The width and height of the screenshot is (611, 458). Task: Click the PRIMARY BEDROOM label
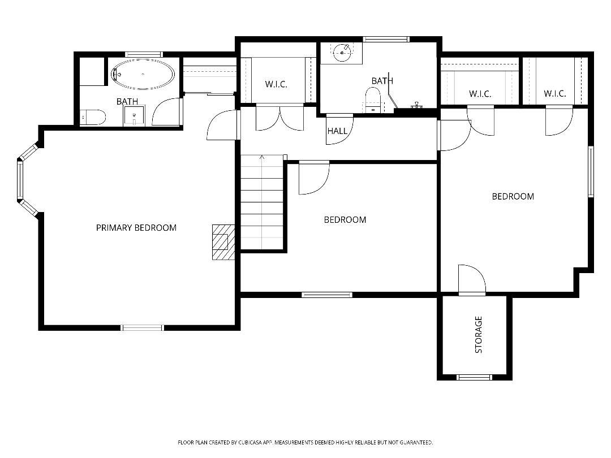[x=136, y=227]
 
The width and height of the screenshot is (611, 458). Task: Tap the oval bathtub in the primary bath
[x=143, y=74]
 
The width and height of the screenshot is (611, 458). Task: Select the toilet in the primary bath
[x=93, y=117]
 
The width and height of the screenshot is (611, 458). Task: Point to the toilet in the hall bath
[x=372, y=100]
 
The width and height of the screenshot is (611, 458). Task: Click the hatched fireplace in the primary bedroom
[x=223, y=242]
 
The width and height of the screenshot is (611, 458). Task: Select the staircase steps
[x=262, y=202]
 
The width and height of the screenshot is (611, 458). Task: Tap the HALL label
[x=337, y=131]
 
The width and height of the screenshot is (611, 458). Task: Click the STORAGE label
[x=478, y=335]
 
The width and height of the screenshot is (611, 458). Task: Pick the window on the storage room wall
[x=474, y=377]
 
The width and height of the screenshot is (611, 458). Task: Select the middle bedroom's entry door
[x=314, y=178]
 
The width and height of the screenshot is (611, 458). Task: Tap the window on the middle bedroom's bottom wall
[x=327, y=295]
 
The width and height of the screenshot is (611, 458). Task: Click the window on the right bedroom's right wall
[x=591, y=172]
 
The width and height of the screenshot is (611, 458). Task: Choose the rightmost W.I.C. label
[x=554, y=93]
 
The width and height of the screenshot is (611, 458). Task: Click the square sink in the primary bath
[x=134, y=116]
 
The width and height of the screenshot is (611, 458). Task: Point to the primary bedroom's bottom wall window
[x=143, y=327]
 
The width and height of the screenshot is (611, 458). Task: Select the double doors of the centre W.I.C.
[x=280, y=118]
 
